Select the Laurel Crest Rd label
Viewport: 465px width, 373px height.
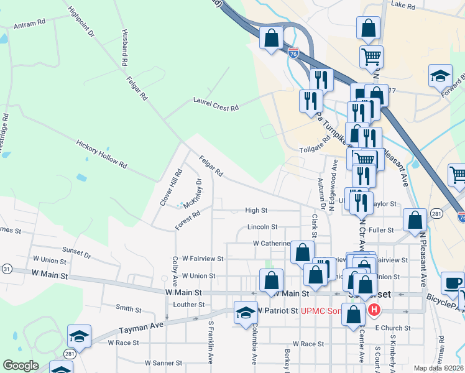pos(216,103)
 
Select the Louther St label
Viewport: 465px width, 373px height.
pos(189,305)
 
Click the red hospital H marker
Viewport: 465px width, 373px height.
pos(374,310)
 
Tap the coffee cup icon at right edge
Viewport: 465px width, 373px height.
pos(452,283)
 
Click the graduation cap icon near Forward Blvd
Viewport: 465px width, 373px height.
pos(440,75)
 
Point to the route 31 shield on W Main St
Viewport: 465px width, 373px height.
pos(7,269)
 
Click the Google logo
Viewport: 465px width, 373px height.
pos(21,366)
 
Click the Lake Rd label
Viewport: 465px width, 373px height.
pos(402,5)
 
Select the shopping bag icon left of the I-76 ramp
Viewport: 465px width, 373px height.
pos(272,39)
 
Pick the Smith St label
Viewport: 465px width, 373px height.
pos(129,307)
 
